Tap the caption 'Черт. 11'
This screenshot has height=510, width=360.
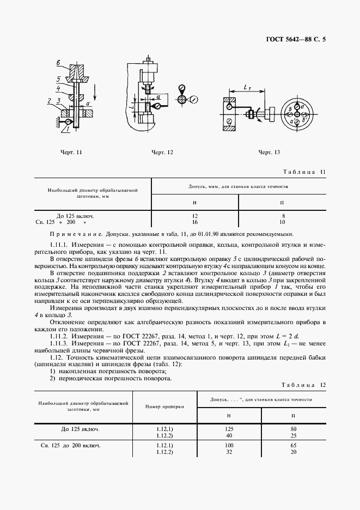[x=71, y=153]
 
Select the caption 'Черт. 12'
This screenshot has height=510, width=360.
[x=162, y=153]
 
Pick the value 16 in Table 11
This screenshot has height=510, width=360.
[x=194, y=222]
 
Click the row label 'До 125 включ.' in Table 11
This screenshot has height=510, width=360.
[x=76, y=216]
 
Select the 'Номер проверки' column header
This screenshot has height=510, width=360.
[x=164, y=406]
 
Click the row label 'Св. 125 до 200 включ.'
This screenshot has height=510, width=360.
[x=71, y=446]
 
